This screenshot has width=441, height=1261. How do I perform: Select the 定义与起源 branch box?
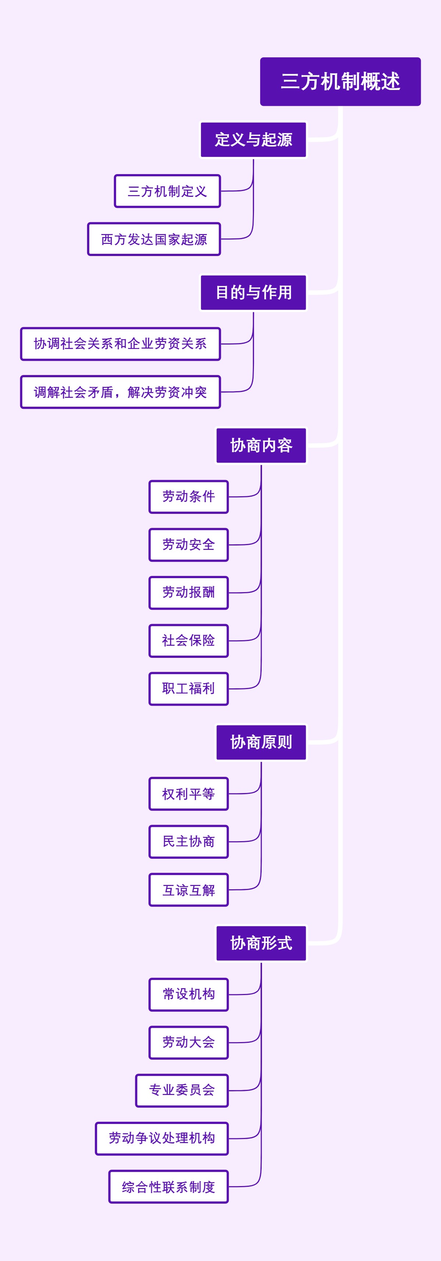pyautogui.click(x=253, y=140)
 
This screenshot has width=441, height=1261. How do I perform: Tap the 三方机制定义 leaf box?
pyautogui.click(x=167, y=191)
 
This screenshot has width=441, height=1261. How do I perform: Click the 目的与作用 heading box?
pyautogui.click(x=253, y=293)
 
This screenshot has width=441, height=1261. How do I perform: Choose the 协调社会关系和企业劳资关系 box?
pyautogui.click(x=120, y=344)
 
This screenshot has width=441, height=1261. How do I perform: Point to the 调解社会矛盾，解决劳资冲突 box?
pyautogui.click(x=120, y=392)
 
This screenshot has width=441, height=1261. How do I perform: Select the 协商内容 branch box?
pyautogui.click(x=261, y=446)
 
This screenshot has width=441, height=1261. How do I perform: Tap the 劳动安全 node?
pyautogui.click(x=189, y=545)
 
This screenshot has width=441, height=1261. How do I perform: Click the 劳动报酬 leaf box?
pyautogui.click(x=189, y=593)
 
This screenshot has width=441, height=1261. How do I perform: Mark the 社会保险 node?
pyautogui.click(x=189, y=641)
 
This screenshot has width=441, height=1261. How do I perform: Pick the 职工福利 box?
pyautogui.click(x=189, y=689)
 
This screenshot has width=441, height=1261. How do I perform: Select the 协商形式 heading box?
pyautogui.click(x=261, y=943)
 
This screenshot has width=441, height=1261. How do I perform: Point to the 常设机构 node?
pyautogui.click(x=189, y=995)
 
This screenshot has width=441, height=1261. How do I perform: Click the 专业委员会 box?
pyautogui.click(x=182, y=1091)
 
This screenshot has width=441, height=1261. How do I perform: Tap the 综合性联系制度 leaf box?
pyautogui.click(x=169, y=1186)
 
